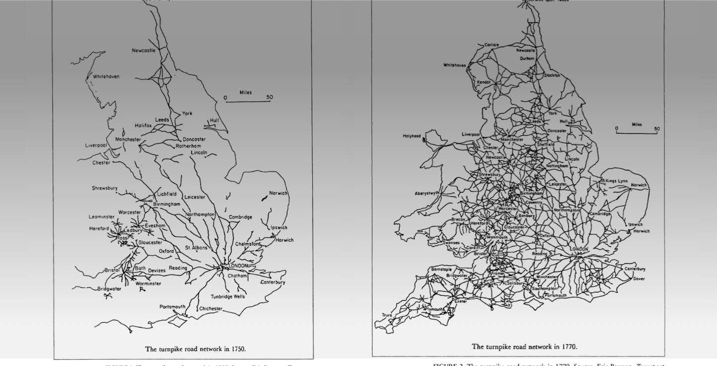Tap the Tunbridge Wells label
pos(227,296)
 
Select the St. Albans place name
pos(196,247)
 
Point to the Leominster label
pos(101,217)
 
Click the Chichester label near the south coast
pos(212,309)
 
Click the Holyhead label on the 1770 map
pos(412,135)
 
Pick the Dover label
pos(640,279)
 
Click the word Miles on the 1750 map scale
pos(245,92)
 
